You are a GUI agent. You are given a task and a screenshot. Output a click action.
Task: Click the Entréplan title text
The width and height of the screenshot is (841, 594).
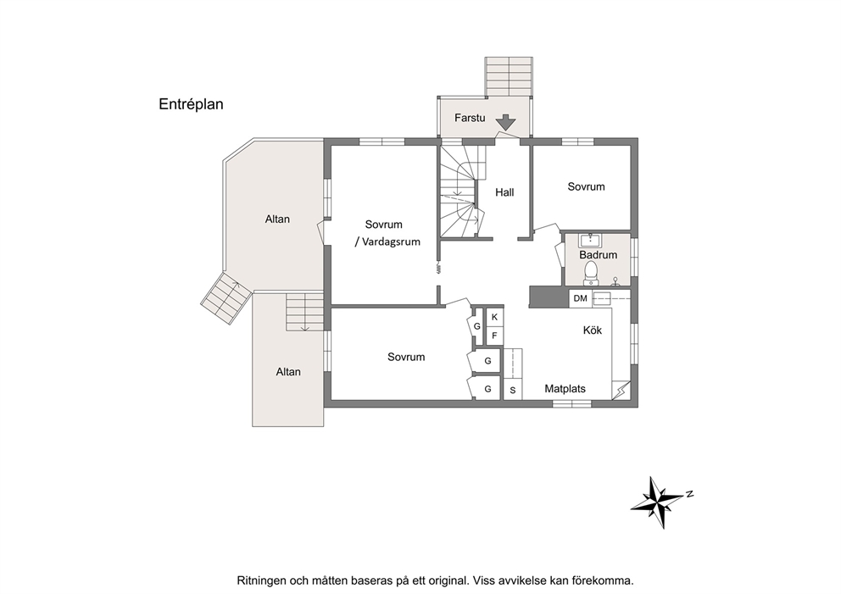pyautogui.click(x=191, y=104)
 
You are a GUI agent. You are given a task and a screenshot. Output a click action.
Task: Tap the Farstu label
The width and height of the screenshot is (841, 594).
pyautogui.click(x=470, y=118)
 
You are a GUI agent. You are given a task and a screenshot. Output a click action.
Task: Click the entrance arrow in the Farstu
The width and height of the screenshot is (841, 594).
pyautogui.click(x=505, y=122)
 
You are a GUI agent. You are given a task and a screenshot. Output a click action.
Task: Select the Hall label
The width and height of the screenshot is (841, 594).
pyautogui.click(x=504, y=192)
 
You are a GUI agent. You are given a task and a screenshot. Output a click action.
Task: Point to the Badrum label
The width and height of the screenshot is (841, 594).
pyautogui.click(x=598, y=255)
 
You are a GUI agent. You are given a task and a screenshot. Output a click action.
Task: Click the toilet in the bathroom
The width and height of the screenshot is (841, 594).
pyautogui.click(x=591, y=273)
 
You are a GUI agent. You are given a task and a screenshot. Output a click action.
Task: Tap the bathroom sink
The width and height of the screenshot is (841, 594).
pyautogui.click(x=591, y=240)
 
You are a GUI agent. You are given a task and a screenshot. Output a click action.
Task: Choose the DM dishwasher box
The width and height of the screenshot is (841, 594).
pyautogui.click(x=581, y=298)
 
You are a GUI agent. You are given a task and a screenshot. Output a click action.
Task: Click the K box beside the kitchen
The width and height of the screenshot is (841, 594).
pyautogui.click(x=494, y=317)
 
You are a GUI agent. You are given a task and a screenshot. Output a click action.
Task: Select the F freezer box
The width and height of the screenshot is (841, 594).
pyautogui.click(x=494, y=336)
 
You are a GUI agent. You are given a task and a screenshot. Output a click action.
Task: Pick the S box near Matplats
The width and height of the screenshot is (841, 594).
pyautogui.click(x=513, y=391)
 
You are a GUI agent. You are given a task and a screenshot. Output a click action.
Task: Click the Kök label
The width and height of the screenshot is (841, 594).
pyautogui.click(x=593, y=330)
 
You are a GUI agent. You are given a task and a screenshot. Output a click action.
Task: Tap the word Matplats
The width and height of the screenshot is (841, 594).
pyautogui.click(x=565, y=389)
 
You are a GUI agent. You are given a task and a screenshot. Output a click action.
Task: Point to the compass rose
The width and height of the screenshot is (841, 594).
pyautogui.click(x=660, y=502)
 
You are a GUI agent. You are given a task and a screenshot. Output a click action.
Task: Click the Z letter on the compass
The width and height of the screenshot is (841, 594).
pyautogui.click(x=690, y=494)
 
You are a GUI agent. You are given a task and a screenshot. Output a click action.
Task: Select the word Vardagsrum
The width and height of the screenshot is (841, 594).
pyautogui.click(x=391, y=241)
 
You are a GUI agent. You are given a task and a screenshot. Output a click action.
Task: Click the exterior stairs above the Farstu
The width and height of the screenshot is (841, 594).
pyautogui.click(x=509, y=76)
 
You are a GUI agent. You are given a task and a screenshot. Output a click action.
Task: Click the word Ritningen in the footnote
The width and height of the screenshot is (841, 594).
pyautogui.click(x=260, y=580)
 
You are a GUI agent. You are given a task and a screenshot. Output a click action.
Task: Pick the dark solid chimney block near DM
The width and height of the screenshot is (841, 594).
pyautogui.click(x=549, y=297)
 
